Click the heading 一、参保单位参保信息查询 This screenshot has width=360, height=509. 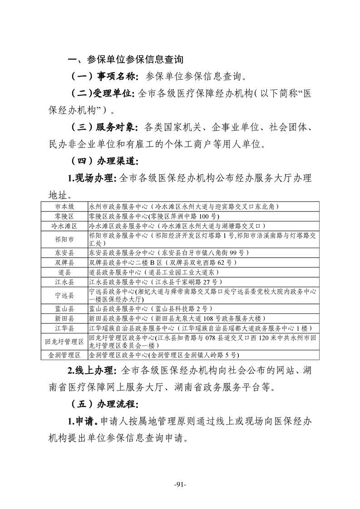(125, 60)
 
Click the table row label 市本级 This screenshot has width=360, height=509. (64, 206)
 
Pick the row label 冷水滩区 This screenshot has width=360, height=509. (64, 225)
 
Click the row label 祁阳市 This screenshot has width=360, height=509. (64, 239)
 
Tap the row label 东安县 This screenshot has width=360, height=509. (64, 252)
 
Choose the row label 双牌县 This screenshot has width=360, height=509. (64, 262)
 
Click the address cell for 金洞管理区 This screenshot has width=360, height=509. (157, 355)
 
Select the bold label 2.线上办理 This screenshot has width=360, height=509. (93, 371)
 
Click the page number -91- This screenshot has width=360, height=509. (180, 485)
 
